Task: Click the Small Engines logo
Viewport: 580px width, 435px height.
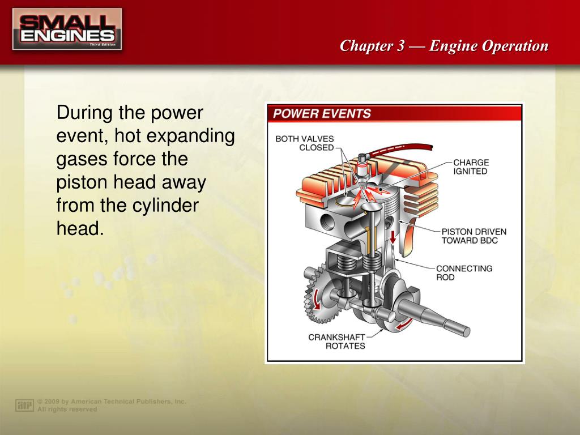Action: (67, 29)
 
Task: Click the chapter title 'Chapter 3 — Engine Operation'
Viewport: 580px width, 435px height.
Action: (444, 46)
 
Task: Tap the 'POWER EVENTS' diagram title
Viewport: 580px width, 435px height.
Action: (322, 113)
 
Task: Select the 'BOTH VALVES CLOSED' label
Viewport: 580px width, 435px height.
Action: (305, 143)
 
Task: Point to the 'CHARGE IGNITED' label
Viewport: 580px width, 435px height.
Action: (471, 167)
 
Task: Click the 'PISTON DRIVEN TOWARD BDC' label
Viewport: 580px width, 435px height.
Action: (474, 236)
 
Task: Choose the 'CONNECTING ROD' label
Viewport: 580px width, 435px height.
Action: (464, 273)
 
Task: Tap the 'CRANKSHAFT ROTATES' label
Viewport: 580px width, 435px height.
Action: (336, 342)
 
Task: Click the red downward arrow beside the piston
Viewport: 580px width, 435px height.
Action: (393, 237)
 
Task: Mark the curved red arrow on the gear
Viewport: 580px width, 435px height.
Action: (315, 299)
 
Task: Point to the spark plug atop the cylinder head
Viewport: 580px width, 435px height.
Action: (363, 170)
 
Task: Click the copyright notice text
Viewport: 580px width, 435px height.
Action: (112, 406)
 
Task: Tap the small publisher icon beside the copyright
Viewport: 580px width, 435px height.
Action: (24, 406)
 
